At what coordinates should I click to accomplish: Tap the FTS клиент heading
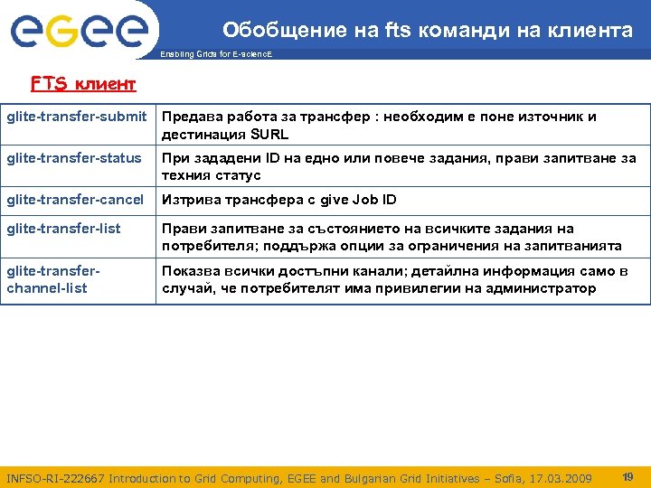tap(83, 84)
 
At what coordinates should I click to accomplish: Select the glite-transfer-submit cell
tap(77, 117)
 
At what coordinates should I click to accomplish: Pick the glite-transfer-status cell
tap(74, 158)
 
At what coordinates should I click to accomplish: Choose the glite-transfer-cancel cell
tap(75, 200)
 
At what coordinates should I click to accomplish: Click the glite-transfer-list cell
tap(63, 229)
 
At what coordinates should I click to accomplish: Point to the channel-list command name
tap(47, 288)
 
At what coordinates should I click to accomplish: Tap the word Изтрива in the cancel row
tap(190, 200)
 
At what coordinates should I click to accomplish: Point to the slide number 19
tap(627, 476)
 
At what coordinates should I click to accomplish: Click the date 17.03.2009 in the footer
tap(561, 478)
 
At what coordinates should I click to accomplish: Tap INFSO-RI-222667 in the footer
tap(55, 478)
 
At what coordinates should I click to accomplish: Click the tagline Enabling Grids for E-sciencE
tap(216, 54)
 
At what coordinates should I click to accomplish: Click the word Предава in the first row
tap(192, 117)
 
